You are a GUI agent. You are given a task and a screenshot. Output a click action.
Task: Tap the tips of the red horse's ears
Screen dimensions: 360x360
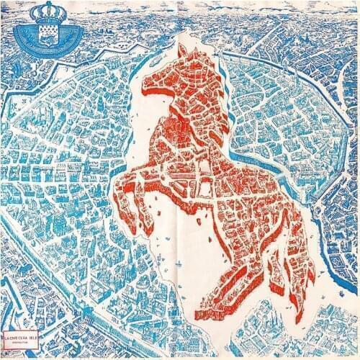(x=184, y=45)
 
